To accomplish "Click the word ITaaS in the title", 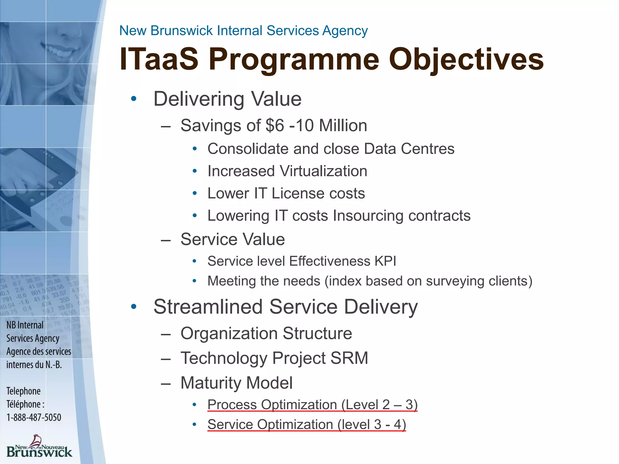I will (159, 59).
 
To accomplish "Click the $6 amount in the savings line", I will (275, 125).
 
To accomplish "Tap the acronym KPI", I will (385, 261).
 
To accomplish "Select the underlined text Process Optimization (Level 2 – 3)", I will (312, 405).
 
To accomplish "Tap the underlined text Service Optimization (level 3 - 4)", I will (306, 425).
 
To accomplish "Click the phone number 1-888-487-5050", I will (34, 417).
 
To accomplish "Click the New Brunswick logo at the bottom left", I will (39, 446).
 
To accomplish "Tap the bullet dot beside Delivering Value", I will (134, 99).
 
